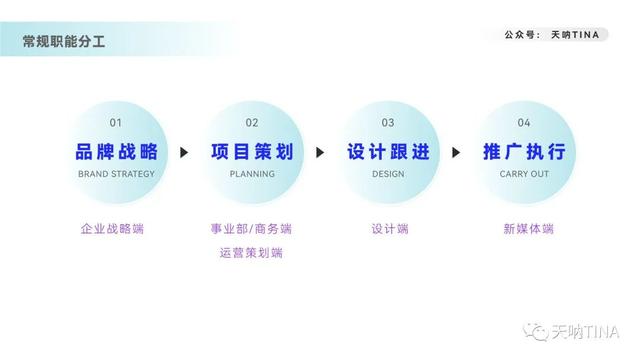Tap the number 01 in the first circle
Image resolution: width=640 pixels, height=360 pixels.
coord(116,123)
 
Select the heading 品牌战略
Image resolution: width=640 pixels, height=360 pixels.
coord(116,152)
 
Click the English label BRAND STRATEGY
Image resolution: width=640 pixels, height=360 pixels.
coord(116,174)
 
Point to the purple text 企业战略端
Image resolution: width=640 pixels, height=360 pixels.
coord(112,229)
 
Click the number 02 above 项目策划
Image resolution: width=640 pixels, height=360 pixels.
coord(252,123)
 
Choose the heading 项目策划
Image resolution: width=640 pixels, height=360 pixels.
coord(252,152)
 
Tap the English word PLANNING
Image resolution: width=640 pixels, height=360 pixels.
coord(252,174)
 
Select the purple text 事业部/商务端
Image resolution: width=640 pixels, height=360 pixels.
coord(251,229)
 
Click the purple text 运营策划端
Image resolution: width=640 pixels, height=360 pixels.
coord(251,253)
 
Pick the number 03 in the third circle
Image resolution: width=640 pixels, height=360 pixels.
coord(388,123)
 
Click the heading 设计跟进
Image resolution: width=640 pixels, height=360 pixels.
coord(388,152)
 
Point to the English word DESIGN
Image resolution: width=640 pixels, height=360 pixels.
coord(388,174)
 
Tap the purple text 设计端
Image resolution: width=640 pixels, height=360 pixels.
coord(389,229)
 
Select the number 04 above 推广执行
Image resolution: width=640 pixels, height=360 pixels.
coord(524,123)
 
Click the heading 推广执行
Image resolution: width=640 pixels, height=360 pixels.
coord(524,152)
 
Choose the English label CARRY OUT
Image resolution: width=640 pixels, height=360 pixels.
coord(524,174)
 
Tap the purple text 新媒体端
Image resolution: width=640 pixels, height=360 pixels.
coord(528,229)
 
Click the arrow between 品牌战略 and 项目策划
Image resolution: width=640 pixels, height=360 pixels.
coord(184,153)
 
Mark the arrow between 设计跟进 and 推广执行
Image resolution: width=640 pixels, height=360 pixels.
coord(456,153)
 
